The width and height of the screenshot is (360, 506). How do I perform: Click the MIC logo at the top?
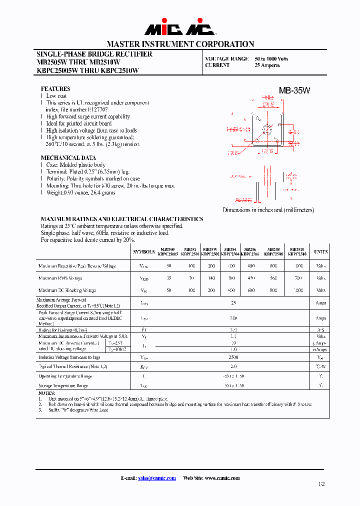[180, 29]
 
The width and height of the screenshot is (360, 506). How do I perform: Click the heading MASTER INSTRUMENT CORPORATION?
[180, 44]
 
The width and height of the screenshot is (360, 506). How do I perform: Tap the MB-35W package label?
[294, 90]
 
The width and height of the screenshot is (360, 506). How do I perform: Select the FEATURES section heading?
[55, 89]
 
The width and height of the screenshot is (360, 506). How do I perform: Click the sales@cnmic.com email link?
[157, 478]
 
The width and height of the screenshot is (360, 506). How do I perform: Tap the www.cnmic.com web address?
[221, 478]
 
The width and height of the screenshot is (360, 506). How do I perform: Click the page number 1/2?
[321, 484]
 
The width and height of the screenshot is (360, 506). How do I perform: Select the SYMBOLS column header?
[144, 251]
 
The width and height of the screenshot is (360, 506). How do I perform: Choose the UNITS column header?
[320, 251]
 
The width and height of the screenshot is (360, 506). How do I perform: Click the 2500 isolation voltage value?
[233, 357]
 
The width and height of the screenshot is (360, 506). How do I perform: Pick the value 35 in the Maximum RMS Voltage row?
[169, 278]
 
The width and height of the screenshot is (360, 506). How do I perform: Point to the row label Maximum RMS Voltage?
[60, 278]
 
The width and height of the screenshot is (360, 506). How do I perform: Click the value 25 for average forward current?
[233, 303]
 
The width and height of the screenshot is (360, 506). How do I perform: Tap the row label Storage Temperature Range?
[63, 385]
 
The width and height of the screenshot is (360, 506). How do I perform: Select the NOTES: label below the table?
[46, 393]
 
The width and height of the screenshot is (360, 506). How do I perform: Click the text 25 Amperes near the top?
[267, 65]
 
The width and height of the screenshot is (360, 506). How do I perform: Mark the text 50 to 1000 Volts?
[271, 59]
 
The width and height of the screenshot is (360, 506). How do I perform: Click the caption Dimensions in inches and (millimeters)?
[268, 210]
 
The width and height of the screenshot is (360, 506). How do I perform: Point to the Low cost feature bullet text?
[56, 96]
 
